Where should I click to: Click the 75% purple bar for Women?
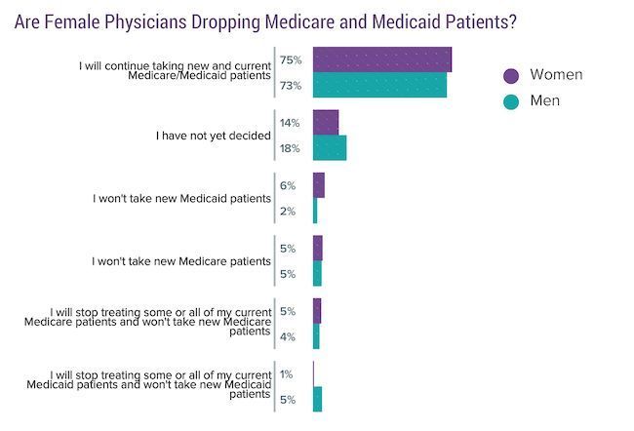point(381,59)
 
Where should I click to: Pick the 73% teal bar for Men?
point(379,85)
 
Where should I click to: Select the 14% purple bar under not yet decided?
point(326,123)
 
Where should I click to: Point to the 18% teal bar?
point(330,148)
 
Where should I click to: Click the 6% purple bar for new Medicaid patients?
point(319,185)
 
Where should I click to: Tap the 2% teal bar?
point(315,211)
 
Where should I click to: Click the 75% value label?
point(290,60)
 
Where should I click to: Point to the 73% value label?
point(290,86)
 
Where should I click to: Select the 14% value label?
point(290,124)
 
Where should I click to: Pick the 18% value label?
point(290,149)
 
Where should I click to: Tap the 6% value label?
point(288,185)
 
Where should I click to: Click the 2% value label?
point(288,212)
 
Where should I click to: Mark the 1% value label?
point(287,373)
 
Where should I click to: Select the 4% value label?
point(288,337)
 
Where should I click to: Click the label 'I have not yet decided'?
point(214,136)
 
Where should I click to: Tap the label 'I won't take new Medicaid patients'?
point(181,199)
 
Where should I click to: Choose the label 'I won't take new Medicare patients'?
point(180,261)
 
